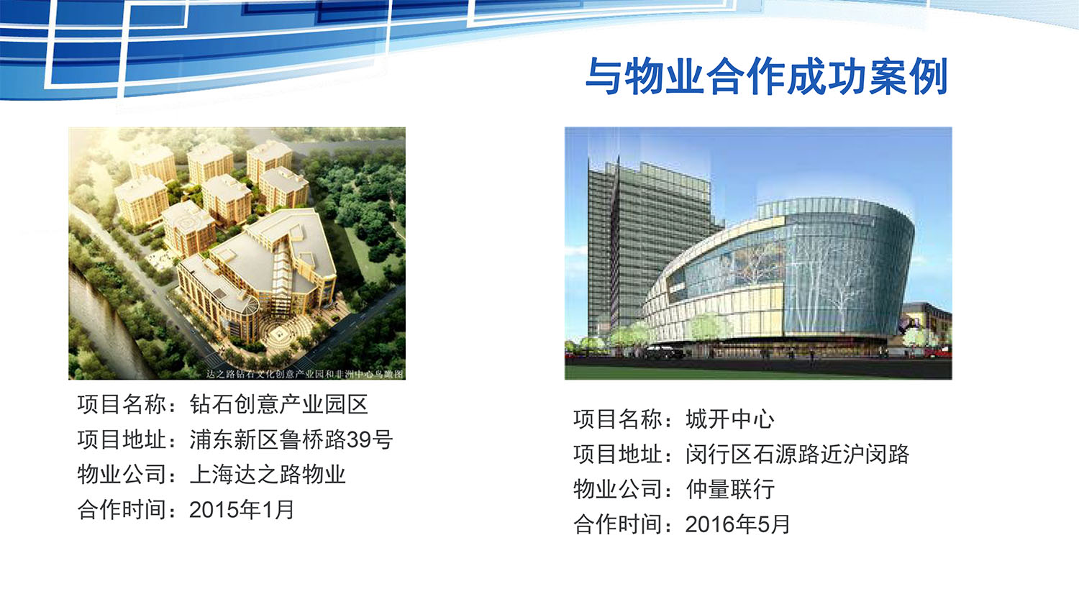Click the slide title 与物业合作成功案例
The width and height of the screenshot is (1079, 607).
[x=767, y=76]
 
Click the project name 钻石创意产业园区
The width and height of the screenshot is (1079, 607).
[x=279, y=404]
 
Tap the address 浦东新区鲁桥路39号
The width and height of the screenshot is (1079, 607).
[x=291, y=439]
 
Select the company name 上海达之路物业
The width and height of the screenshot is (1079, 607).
[x=268, y=475]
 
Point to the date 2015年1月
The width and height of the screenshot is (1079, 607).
[x=242, y=510]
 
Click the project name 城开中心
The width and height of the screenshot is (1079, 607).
[x=730, y=419]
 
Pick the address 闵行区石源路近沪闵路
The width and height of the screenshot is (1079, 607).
[x=797, y=454]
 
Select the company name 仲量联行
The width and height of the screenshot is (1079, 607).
[x=730, y=489]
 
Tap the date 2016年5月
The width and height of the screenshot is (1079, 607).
[x=737, y=524]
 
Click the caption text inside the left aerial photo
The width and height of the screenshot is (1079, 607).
[x=304, y=374]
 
